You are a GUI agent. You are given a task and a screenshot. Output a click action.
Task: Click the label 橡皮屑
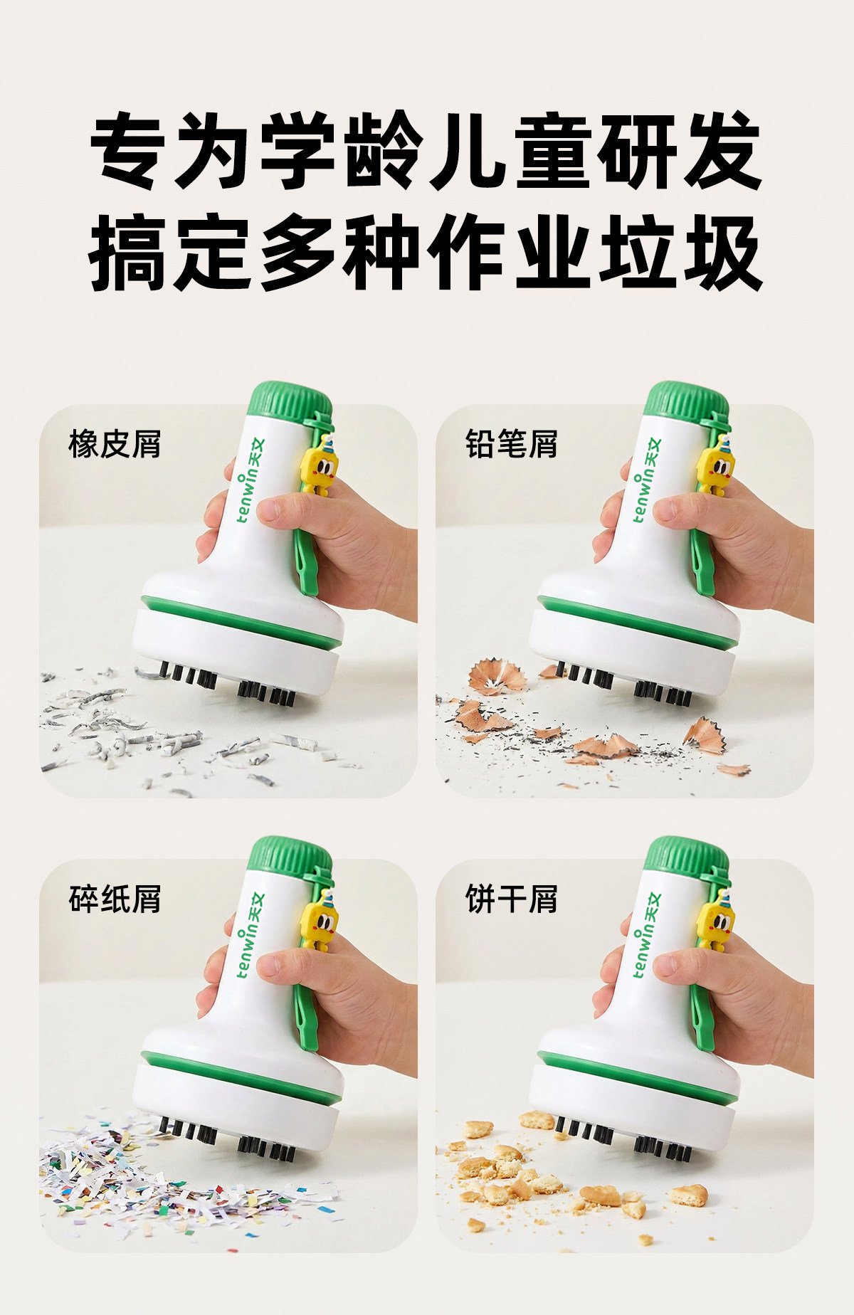[115, 445]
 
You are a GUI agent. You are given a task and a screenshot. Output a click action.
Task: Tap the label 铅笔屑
[512, 445]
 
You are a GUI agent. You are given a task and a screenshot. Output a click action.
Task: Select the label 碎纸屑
[115, 899]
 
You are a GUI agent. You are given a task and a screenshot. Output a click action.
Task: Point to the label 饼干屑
[512, 899]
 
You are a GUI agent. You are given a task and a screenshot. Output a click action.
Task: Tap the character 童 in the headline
[556, 151]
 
